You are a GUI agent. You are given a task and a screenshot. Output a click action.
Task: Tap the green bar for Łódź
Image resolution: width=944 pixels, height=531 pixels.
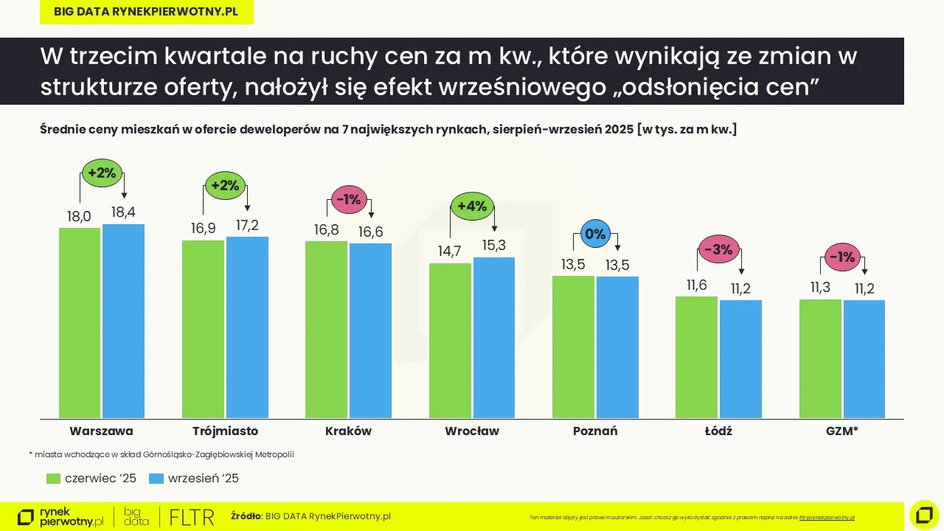point(696,358)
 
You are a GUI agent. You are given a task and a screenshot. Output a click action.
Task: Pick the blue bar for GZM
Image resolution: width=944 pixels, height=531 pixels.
point(864,359)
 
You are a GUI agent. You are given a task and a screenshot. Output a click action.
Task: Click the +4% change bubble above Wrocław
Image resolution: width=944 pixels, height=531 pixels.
point(472,206)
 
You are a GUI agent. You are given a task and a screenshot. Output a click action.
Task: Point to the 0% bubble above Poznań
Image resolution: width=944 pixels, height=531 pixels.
point(595,235)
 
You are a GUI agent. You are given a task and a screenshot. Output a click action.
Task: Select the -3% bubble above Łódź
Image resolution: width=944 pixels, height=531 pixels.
point(718,250)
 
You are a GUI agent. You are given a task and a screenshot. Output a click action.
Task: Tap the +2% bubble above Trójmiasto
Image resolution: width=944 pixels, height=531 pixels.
point(225,186)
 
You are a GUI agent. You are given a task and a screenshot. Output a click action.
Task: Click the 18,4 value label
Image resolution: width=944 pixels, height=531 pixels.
point(123,213)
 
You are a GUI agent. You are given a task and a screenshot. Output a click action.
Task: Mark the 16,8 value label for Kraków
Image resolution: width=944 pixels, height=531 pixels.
point(326,230)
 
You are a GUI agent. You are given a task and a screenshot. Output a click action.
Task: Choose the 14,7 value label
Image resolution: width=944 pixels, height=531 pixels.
point(449,251)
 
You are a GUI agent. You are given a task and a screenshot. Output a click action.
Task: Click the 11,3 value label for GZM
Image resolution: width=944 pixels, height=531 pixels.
point(820,288)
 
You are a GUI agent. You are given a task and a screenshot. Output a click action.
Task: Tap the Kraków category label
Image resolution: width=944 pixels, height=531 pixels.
point(348,431)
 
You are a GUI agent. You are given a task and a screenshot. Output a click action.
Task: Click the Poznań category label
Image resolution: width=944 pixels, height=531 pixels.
point(595,431)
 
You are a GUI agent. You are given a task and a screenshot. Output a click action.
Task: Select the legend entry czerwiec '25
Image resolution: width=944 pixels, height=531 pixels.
point(91,479)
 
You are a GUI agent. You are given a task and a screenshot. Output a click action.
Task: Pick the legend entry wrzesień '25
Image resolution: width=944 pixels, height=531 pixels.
point(194,479)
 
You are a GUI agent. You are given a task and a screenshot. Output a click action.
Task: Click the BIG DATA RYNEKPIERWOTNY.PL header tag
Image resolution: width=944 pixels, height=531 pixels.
point(146,12)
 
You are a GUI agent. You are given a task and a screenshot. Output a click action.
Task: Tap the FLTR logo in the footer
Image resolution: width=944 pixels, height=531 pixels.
point(192,517)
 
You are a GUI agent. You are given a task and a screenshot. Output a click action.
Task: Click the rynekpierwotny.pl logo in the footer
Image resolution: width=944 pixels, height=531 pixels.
point(60,517)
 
